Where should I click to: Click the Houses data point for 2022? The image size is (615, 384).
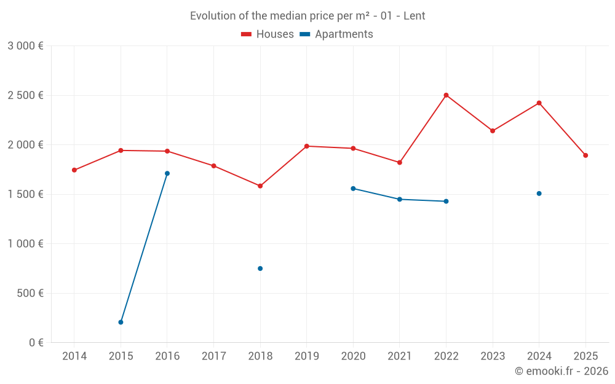point(446,95)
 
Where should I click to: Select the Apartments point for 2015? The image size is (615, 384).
point(121,322)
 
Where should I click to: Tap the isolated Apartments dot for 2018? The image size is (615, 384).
point(260,268)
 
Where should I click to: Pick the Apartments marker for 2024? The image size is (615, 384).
point(539,194)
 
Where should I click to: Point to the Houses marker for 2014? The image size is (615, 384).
point(74,170)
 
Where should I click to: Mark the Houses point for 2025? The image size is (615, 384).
point(585,155)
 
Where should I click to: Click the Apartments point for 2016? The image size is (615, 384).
point(167,173)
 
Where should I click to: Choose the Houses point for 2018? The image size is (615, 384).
point(260,186)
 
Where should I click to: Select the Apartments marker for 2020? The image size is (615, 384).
point(353,189)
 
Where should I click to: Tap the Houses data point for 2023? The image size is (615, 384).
point(493,131)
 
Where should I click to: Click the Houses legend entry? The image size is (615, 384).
point(268,34)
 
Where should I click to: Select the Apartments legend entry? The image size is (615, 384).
point(336,34)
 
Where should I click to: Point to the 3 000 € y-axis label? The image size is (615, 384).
point(25,46)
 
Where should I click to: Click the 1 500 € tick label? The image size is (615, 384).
point(25,194)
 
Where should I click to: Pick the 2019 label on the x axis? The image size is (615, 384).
point(307,356)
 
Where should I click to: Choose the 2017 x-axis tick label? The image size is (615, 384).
point(213,356)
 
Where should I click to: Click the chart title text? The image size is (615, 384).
point(307,16)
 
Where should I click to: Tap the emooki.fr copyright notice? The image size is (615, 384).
point(561,371)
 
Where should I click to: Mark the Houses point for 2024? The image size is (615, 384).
point(539,103)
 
